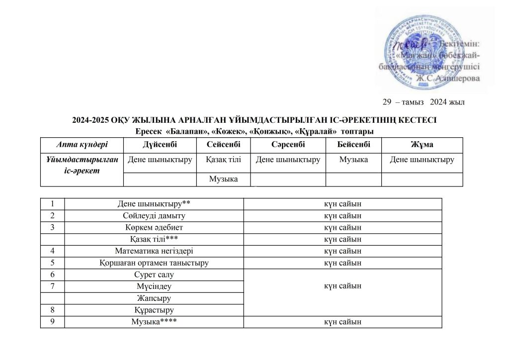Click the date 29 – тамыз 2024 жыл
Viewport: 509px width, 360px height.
423,102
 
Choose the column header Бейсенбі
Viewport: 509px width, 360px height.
353,144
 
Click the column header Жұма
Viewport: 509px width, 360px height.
422,144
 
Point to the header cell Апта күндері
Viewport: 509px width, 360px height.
81,144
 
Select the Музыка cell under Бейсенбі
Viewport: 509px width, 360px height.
353,160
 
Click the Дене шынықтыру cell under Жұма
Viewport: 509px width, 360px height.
422,160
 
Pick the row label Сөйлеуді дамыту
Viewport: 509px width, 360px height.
154,216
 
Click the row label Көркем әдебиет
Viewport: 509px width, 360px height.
154,227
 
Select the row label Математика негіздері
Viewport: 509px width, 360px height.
154,251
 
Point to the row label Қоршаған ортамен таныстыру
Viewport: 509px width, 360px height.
154,263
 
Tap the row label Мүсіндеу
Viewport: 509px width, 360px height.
154,286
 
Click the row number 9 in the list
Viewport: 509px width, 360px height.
52,322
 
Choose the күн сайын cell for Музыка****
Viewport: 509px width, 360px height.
342,322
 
